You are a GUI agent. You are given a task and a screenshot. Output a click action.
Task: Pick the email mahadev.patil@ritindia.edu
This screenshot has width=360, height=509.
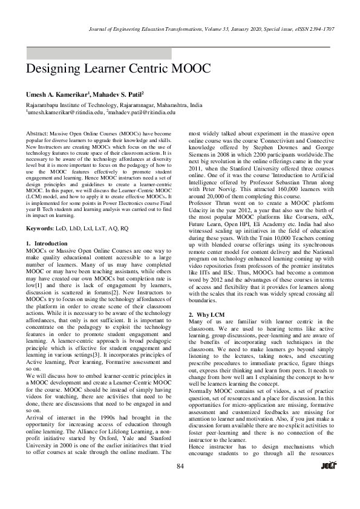(142, 112)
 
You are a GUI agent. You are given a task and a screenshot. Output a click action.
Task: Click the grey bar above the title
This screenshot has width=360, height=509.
(99, 53)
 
